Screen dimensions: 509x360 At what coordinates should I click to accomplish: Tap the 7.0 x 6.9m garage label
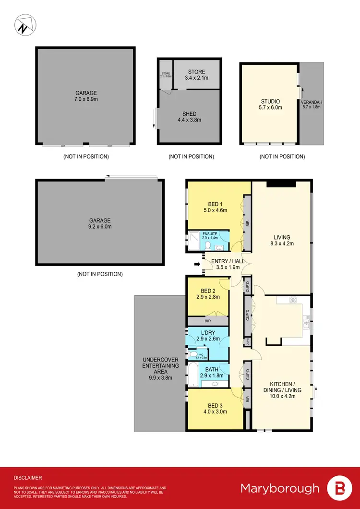click(x=86, y=96)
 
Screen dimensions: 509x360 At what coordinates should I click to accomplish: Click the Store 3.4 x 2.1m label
click(x=196, y=74)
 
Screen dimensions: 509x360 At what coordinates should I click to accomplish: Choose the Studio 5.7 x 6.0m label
click(x=270, y=105)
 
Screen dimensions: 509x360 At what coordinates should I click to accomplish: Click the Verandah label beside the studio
click(x=311, y=104)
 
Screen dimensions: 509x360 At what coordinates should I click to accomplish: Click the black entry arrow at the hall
click(x=196, y=264)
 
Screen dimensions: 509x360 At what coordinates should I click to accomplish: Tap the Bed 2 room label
click(x=207, y=294)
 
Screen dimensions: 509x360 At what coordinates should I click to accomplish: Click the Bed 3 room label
click(x=214, y=408)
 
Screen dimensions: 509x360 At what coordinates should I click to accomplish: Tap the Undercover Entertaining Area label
click(x=160, y=369)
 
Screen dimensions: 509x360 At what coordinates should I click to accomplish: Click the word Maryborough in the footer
click(x=279, y=488)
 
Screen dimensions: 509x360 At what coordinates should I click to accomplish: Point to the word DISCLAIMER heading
click(x=28, y=478)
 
